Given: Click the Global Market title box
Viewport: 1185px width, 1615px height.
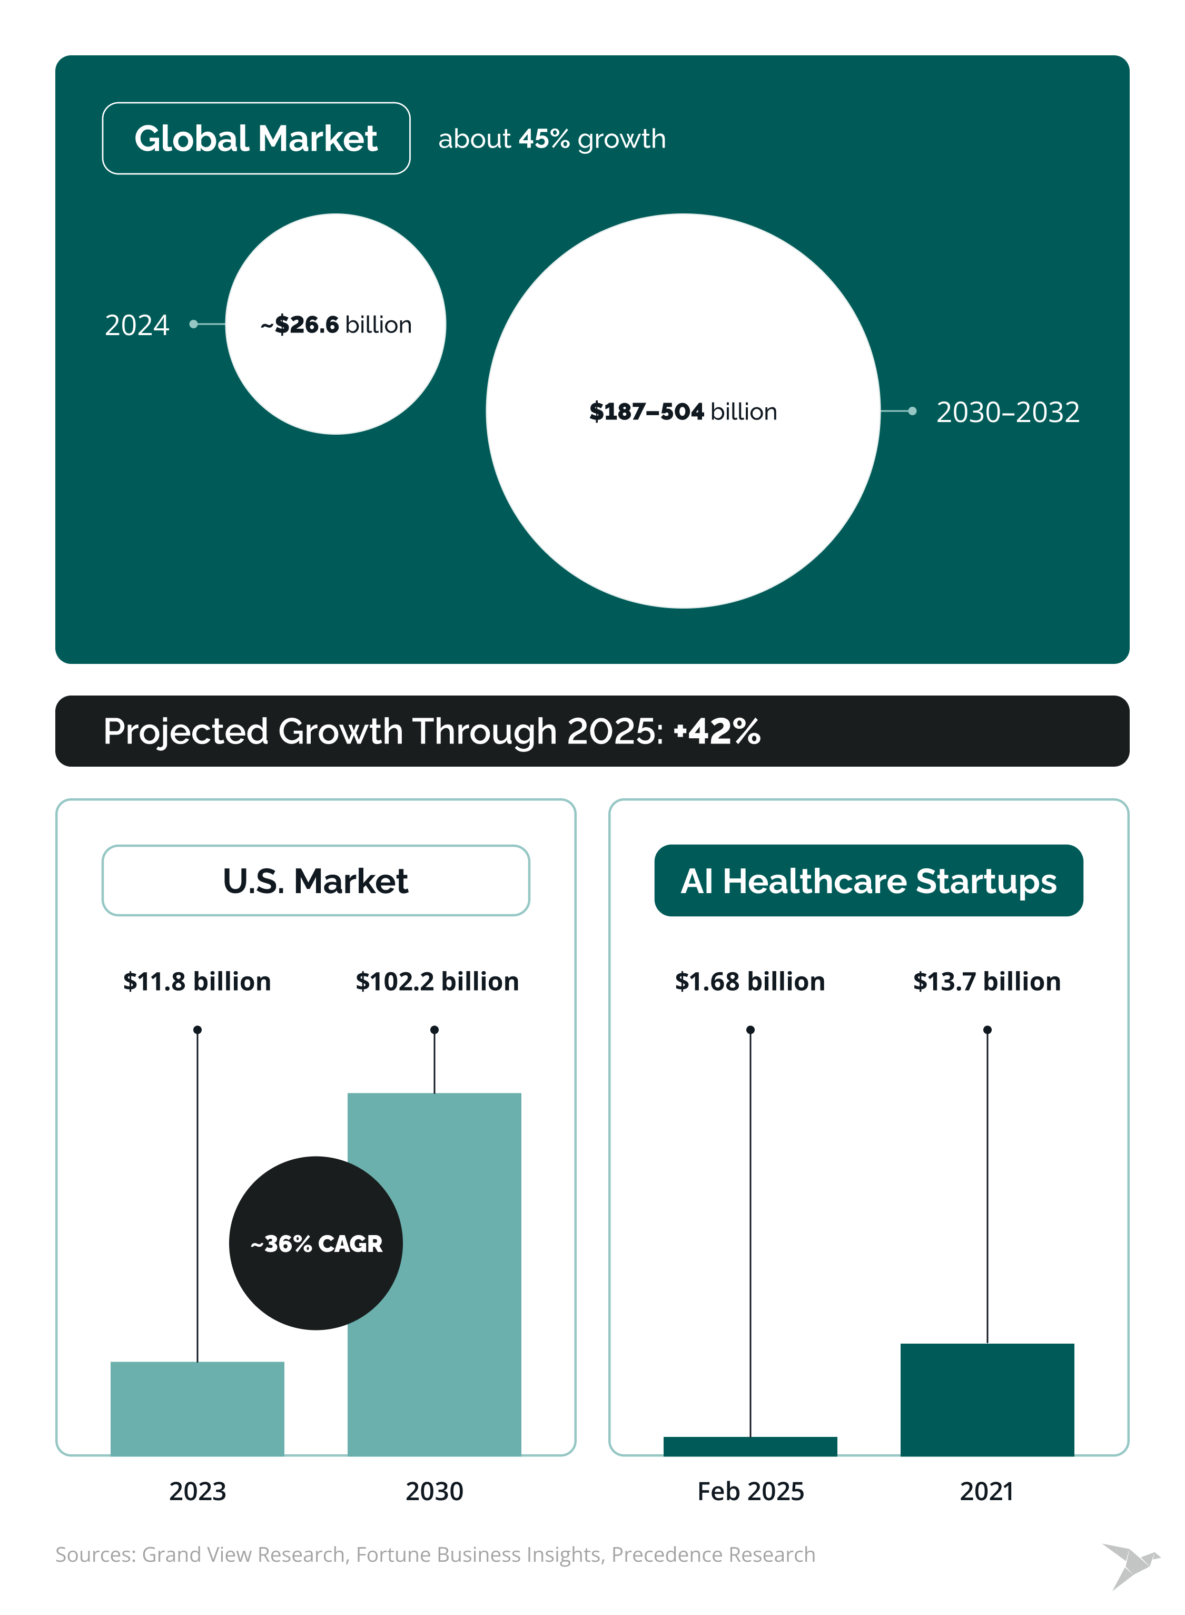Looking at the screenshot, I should coord(256,139).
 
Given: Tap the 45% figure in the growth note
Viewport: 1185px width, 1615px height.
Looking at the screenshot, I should coord(544,139).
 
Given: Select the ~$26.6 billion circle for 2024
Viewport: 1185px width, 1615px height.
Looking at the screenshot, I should coord(335,324).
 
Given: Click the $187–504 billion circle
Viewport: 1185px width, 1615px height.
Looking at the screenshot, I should coord(683,411).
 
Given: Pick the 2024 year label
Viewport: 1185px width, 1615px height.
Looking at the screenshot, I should coord(137,325).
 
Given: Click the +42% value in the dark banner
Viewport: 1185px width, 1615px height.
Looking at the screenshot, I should coord(717,731).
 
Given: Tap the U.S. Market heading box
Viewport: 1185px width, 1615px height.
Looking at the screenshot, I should coord(315,880).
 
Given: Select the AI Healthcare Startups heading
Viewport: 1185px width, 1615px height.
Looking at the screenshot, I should coord(868,880).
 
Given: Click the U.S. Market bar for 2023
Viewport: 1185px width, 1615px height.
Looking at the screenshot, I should coord(197,1407).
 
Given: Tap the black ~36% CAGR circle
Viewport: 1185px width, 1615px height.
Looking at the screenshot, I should coord(315,1242).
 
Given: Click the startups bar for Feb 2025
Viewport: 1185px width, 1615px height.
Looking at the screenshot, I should coord(750,1446).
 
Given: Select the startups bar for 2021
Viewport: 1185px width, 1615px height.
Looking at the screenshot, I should coord(987,1399).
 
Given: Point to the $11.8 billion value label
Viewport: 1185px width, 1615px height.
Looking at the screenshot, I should coord(197,981).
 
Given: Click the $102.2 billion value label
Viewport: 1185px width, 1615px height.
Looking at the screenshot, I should coord(437,981).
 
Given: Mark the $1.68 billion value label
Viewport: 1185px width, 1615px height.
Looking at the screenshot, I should coord(749,981).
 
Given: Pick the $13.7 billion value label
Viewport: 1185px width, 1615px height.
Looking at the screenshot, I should coord(986,981).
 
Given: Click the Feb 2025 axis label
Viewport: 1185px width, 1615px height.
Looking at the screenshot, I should coord(750,1491).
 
